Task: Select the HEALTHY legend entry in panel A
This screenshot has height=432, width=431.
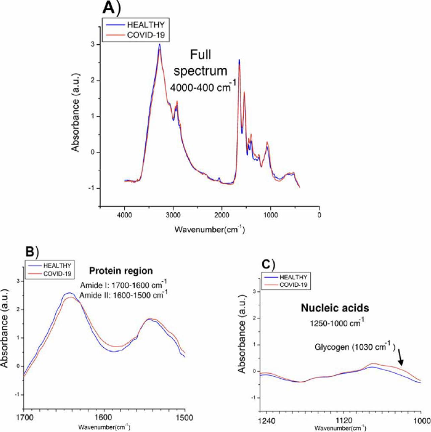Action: coord(145,25)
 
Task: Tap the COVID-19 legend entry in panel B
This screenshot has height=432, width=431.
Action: coord(57,274)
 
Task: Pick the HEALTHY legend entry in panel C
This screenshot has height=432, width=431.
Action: coord(293,277)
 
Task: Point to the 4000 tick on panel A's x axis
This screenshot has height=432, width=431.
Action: coord(124,215)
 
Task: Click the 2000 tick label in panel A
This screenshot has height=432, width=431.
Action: coord(222,215)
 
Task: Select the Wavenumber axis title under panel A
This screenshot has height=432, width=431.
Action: coord(209,230)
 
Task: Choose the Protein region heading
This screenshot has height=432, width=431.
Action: coord(121,271)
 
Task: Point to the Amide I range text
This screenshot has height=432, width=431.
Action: coord(123,285)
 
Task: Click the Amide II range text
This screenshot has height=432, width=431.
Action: coord(123,295)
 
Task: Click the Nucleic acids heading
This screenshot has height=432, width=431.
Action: coord(335,308)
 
